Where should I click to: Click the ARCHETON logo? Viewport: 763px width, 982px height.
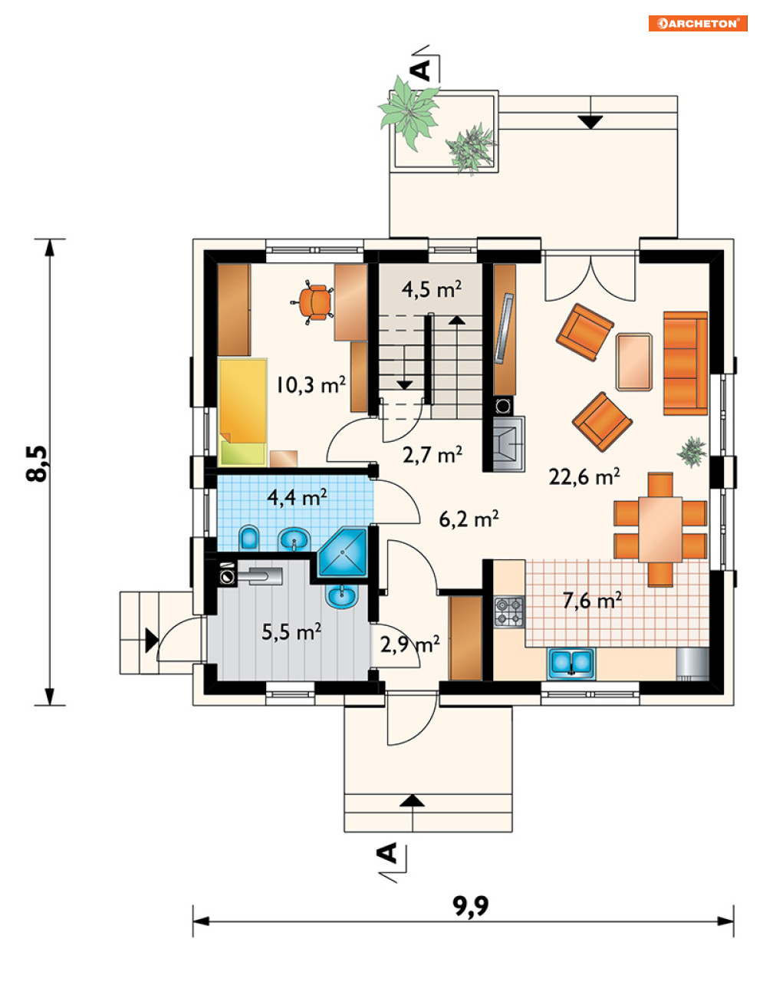click(698, 24)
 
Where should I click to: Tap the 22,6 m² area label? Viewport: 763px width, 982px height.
click(584, 476)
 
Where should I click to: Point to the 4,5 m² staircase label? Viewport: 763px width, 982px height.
click(432, 290)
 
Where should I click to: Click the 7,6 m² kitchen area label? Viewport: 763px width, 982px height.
click(592, 601)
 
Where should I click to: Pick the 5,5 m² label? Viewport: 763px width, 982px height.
click(291, 631)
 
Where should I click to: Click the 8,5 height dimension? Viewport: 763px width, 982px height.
click(37, 463)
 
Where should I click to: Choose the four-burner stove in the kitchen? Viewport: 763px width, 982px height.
click(509, 611)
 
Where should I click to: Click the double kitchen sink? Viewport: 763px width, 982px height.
click(571, 664)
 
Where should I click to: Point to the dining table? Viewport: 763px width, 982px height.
click(659, 529)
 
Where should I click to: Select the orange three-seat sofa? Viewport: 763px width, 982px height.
click(685, 364)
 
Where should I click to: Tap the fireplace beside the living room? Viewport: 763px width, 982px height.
click(509, 443)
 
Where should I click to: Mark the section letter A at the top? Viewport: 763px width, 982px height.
click(422, 71)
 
